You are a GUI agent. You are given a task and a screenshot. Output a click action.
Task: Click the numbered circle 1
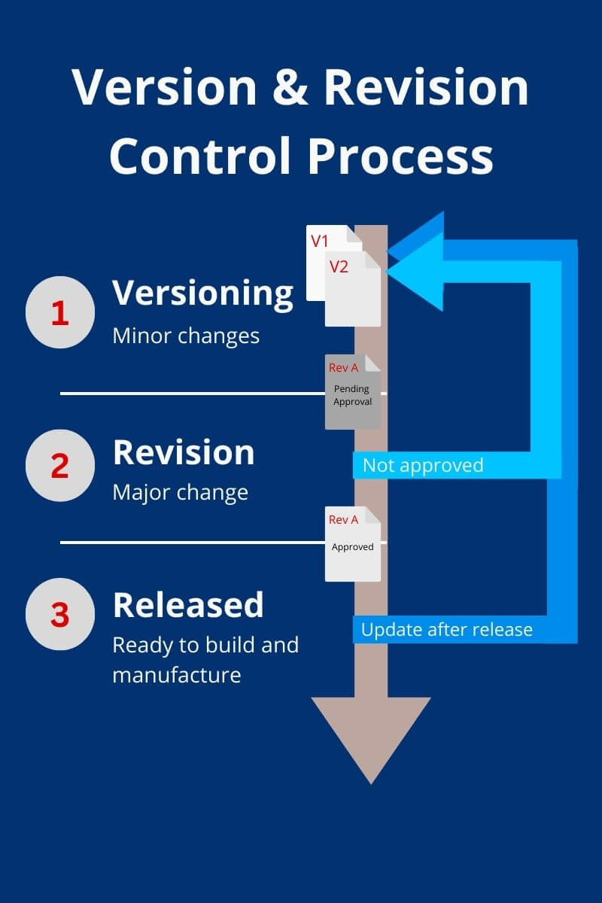point(60,313)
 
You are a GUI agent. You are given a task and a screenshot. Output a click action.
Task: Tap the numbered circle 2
point(60,465)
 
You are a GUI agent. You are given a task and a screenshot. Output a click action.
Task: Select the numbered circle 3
point(60,615)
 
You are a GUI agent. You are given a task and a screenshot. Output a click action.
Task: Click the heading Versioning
point(202,293)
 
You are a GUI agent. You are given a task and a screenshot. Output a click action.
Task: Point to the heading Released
point(188,605)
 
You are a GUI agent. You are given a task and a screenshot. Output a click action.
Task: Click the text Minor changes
point(186,336)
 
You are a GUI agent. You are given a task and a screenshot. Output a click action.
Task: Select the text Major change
point(180,493)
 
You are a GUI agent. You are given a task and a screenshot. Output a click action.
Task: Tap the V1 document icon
point(319,248)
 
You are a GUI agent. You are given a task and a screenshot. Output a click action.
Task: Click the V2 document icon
point(352,290)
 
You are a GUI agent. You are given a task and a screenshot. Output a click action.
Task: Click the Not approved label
point(422,465)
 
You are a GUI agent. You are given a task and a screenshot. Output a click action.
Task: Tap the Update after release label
point(446,630)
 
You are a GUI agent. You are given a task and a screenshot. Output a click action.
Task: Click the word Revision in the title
point(426,89)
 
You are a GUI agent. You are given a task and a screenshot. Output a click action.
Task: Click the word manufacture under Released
point(176,674)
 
